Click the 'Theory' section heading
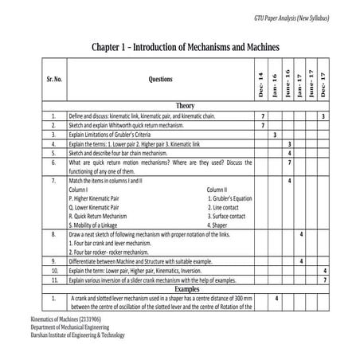186,105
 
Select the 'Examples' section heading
186,289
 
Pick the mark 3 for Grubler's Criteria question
275,135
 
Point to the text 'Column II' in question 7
217,190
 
